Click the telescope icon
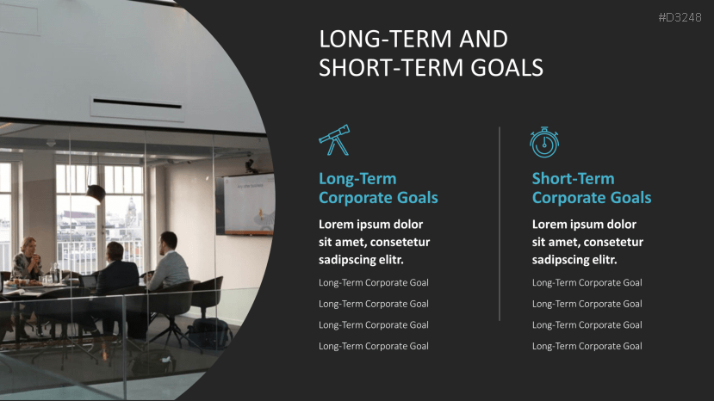(x=333, y=139)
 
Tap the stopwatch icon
(x=543, y=142)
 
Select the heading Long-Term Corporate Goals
(x=378, y=188)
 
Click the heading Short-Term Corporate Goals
(x=591, y=188)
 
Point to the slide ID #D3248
(x=680, y=17)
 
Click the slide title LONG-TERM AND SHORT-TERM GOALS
(x=431, y=53)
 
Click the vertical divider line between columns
(x=500, y=224)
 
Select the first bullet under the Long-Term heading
(x=373, y=283)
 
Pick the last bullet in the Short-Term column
(x=587, y=346)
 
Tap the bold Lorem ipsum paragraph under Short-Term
(x=587, y=242)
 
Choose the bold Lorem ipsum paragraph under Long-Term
(x=374, y=242)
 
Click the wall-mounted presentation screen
(x=246, y=203)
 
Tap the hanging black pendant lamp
(x=96, y=193)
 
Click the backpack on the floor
(x=207, y=333)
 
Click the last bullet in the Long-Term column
(x=373, y=346)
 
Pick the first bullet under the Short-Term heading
(x=587, y=283)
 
